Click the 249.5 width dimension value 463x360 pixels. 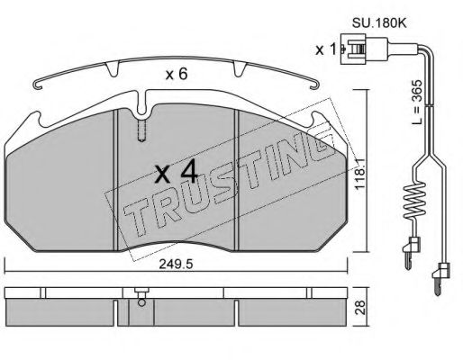(177, 265)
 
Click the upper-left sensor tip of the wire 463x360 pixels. (410, 249)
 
